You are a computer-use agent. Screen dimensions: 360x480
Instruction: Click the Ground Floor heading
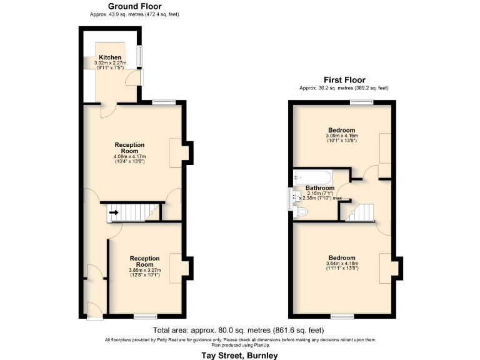(x=134, y=6)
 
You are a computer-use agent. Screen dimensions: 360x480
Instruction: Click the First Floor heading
(x=344, y=80)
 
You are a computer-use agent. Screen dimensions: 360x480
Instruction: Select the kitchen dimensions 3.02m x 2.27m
(x=110, y=63)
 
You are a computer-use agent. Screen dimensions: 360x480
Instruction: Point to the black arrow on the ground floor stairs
(x=114, y=213)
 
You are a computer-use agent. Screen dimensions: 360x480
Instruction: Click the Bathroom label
(x=319, y=188)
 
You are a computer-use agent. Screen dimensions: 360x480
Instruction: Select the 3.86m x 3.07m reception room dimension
(x=144, y=270)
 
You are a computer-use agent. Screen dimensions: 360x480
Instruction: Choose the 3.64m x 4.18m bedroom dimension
(x=341, y=264)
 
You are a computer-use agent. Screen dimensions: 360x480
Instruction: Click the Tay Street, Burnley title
(x=240, y=354)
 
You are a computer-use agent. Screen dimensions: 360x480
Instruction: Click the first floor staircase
(x=359, y=212)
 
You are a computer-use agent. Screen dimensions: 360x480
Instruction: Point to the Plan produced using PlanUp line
(x=240, y=344)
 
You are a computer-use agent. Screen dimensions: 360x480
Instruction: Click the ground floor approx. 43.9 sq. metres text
(x=134, y=14)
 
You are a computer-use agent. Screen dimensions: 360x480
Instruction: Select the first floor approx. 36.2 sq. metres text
(x=344, y=88)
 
